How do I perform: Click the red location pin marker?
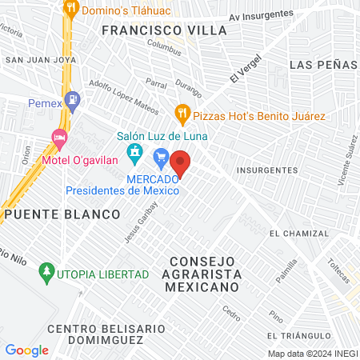pos(181,163)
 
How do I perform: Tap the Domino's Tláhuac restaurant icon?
pos(71,10)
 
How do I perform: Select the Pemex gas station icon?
pos(73,102)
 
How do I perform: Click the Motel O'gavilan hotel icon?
pos(58,138)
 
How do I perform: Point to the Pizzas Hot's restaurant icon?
pos(182,112)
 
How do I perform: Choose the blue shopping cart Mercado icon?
pos(161,156)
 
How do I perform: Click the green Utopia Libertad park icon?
pos(46,274)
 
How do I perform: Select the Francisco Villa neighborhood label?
pos(165,30)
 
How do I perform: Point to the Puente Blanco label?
pos(62,214)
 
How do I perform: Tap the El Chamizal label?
pos(298,234)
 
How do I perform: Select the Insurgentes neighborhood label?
pos(267,170)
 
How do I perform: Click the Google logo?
pos(26,350)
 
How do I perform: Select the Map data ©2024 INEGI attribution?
pos(311,354)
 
